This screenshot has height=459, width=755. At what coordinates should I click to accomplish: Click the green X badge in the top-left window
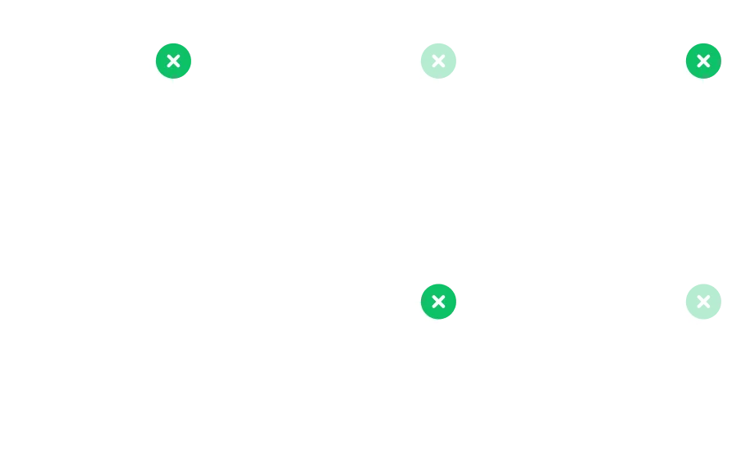coord(174,61)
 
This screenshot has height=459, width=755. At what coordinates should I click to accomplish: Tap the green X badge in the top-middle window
coord(439,61)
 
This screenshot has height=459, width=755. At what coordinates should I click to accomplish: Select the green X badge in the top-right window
coord(703,61)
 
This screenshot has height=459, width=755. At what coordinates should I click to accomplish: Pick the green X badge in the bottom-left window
coord(439,302)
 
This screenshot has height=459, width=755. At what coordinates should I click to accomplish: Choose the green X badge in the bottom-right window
coord(703,302)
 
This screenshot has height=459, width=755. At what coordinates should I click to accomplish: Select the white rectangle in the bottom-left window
coord(377,344)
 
